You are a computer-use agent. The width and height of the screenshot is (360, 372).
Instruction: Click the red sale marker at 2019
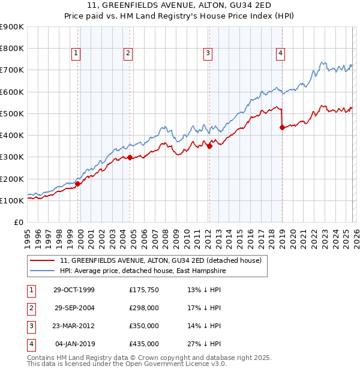(282, 127)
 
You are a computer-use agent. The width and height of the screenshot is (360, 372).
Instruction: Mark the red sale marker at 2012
(209, 146)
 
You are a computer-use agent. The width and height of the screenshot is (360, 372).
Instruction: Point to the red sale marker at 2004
(130, 157)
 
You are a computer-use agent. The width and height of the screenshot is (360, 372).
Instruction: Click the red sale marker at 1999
(78, 184)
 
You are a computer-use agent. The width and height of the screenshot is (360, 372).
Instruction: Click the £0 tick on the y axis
(19, 222)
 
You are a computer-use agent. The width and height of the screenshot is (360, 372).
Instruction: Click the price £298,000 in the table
(143, 308)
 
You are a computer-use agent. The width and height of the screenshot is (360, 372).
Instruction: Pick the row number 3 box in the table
(29, 326)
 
